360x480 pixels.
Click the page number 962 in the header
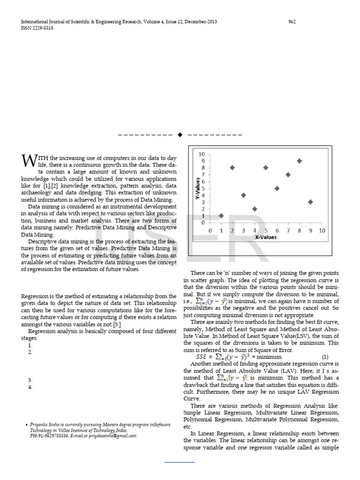[292, 22]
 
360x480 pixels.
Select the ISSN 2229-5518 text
[37, 28]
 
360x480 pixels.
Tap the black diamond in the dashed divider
[180, 135]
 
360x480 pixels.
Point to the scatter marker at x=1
[221, 216]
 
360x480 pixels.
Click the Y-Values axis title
[197, 189]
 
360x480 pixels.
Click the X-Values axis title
[265, 237]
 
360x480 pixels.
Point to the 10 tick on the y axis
[202, 154]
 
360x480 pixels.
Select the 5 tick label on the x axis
[266, 231]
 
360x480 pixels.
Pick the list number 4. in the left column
[30, 387]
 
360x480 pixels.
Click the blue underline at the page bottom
[180, 462]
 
